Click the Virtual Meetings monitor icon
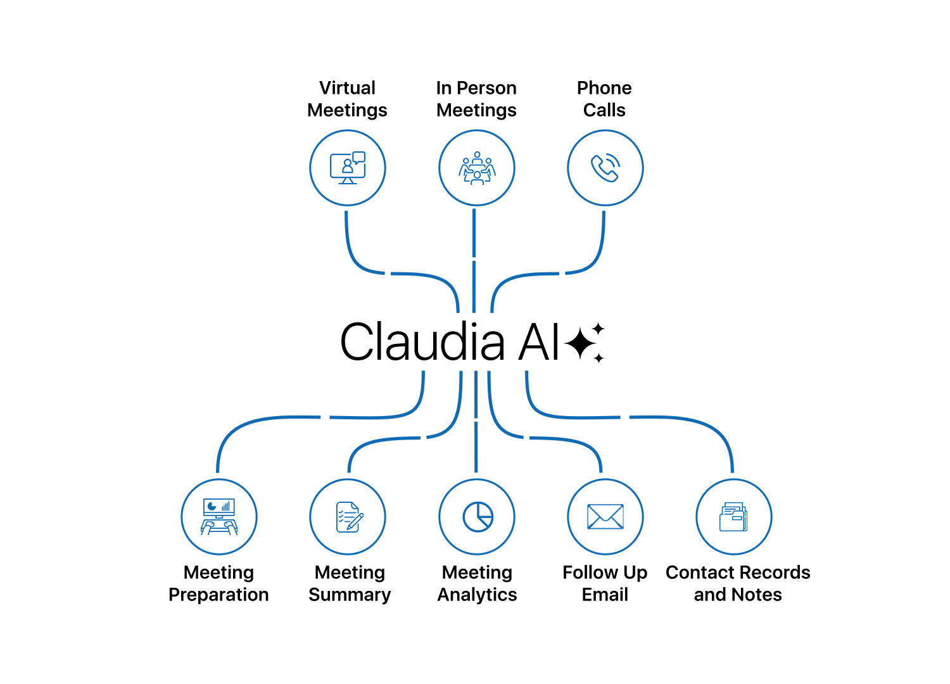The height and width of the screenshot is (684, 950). (348, 168)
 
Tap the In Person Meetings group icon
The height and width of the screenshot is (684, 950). (477, 168)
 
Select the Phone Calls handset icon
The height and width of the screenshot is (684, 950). (605, 168)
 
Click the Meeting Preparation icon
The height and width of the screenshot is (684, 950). (219, 517)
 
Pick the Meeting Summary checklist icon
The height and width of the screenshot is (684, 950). (348, 517)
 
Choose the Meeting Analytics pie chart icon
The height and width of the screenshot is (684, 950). (478, 517)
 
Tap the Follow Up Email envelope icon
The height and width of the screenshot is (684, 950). (605, 517)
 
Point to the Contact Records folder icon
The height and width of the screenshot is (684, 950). (733, 517)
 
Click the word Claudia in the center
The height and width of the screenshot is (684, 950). (422, 342)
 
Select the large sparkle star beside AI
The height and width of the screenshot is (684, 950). (580, 344)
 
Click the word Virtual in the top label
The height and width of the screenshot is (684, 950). (347, 88)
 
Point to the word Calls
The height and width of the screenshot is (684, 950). (604, 110)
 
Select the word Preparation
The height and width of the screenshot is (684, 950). (218, 595)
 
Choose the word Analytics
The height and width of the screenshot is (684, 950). (478, 595)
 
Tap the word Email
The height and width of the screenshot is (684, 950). (605, 595)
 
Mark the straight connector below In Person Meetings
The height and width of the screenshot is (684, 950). (474, 260)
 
